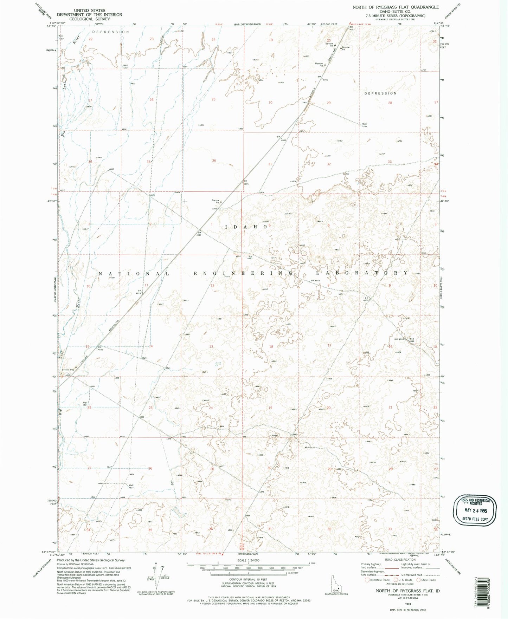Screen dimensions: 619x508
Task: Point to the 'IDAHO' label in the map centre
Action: coord(246,227)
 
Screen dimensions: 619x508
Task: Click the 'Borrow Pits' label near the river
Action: coord(68,370)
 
